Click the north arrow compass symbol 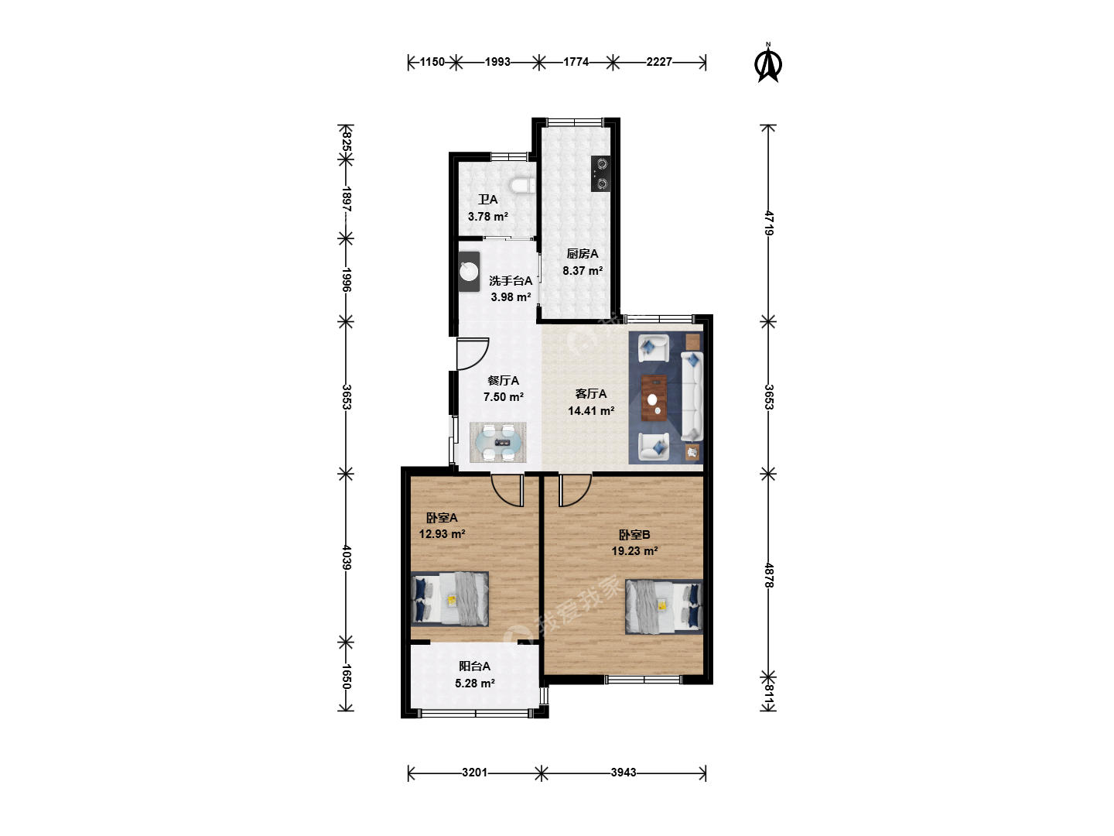click(768, 63)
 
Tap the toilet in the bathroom click(522, 186)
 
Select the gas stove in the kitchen click(600, 173)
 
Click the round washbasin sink click(469, 272)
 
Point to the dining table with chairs click(498, 442)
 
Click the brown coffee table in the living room click(654, 398)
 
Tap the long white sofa click(692, 396)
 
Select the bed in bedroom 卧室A click(449, 598)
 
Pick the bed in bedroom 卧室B click(664, 607)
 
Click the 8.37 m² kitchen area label click(582, 271)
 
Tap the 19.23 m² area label click(634, 550)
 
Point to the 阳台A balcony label click(474, 666)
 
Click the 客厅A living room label click(591, 393)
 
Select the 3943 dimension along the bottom click(624, 772)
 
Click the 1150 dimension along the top click(432, 62)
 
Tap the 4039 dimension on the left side click(346, 557)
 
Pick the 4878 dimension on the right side click(768, 575)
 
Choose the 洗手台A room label click(511, 281)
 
